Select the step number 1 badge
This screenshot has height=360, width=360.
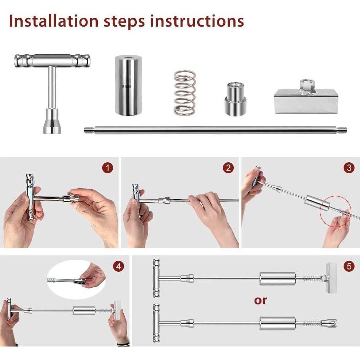(107, 168)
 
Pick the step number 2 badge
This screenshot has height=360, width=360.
(228, 168)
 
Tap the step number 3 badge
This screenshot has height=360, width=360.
(349, 168)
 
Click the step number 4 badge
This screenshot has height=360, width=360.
(118, 266)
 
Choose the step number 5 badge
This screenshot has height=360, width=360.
(349, 266)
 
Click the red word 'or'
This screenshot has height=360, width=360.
(260, 300)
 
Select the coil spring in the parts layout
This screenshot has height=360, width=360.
(184, 92)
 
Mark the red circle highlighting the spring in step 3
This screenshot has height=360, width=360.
(336, 212)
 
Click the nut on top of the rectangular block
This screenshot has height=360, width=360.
(306, 86)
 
